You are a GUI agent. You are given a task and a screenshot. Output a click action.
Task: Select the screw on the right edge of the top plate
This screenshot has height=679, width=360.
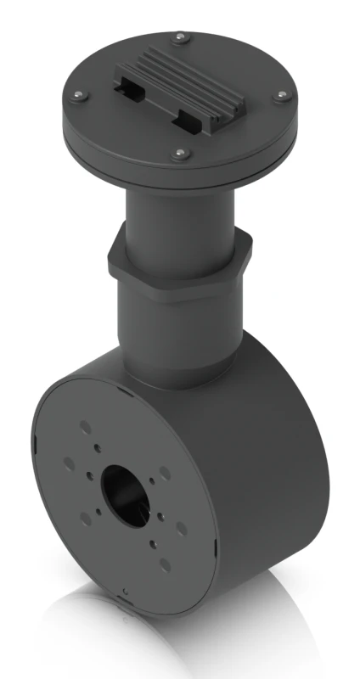[x=278, y=98]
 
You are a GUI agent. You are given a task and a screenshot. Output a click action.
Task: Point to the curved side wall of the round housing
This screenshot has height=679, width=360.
[x=272, y=475]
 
